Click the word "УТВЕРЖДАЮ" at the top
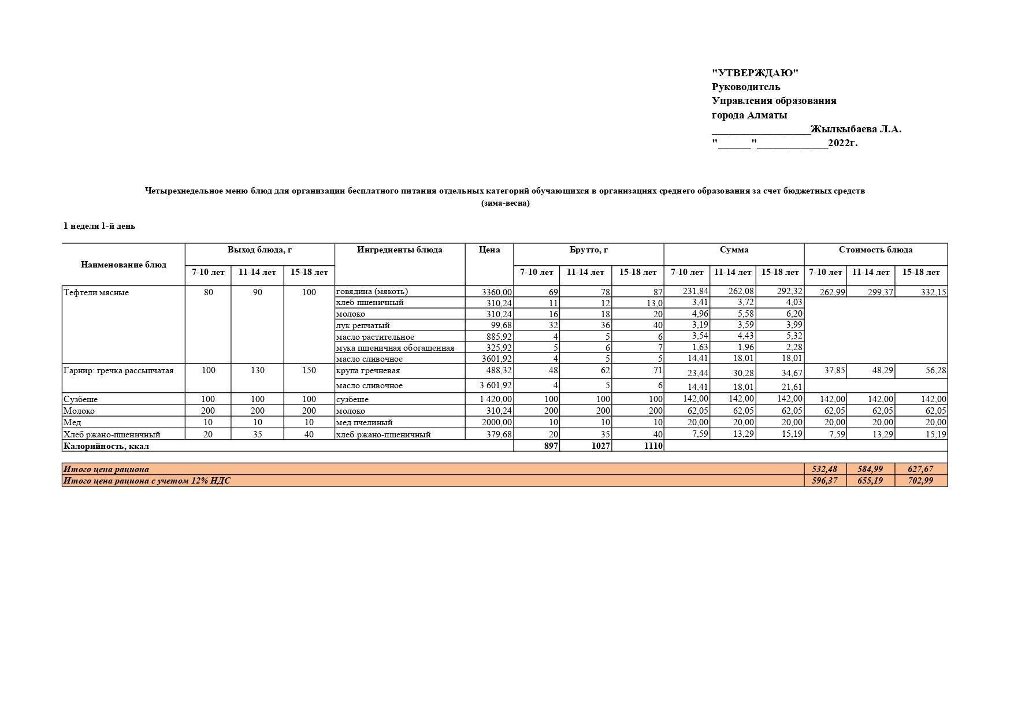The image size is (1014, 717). pos(755,73)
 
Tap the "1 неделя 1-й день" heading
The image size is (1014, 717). pos(99,226)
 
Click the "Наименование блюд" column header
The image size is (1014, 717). pos(123,265)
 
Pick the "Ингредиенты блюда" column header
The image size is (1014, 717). pos(399,250)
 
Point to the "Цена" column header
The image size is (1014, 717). pos(489,250)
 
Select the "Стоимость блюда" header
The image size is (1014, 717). pos(875,250)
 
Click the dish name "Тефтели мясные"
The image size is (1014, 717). pos(96,292)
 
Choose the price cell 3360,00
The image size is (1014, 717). pos(496,292)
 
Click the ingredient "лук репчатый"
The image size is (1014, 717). pos(363,325)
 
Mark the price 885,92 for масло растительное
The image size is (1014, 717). pos(499,336)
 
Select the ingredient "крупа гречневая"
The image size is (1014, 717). pos(367,370)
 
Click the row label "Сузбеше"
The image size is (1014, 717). pos(80,399)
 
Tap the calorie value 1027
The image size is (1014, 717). pos(600,446)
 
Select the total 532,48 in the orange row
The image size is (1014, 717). pos(824,469)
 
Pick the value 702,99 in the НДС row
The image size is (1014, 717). pos(920,481)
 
